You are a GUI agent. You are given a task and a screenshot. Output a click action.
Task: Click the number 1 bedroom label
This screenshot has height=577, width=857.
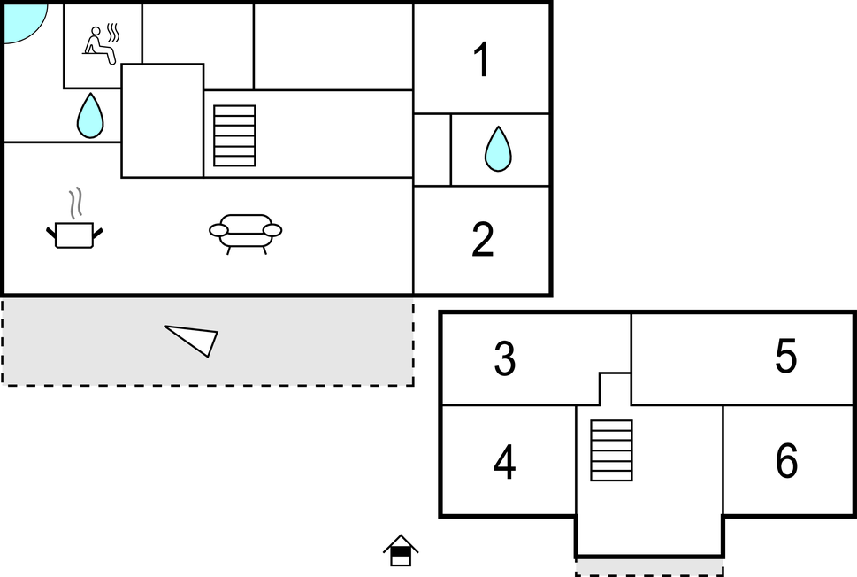pos(481,59)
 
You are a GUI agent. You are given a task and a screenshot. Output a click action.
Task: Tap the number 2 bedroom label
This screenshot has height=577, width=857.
pos(483,239)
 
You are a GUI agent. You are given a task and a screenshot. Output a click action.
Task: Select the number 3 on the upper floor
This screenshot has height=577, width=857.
pos(504,358)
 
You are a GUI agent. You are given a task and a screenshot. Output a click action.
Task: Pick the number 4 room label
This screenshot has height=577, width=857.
pos(504,462)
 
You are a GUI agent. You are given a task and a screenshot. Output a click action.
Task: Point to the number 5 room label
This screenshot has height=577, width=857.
pos(786,356)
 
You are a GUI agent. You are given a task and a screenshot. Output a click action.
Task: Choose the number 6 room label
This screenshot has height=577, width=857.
pos(786,460)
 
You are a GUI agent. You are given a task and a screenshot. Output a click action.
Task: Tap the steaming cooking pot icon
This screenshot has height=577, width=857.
pos(74,235)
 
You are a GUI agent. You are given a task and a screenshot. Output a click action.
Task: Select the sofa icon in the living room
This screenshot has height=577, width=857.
pos(245,234)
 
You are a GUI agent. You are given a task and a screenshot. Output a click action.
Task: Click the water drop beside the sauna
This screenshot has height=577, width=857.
pos(90,115)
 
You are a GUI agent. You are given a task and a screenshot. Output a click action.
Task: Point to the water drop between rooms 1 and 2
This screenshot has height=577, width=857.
pos(498,149)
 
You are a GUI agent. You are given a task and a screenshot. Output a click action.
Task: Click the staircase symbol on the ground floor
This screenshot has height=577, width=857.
pos(234,135)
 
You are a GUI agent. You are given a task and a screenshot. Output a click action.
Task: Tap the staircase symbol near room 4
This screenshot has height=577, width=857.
pos(612,450)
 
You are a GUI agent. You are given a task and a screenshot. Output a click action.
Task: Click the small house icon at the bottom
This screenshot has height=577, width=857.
pos(401,550)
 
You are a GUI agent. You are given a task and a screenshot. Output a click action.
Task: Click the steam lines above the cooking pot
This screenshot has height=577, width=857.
pos(76,204)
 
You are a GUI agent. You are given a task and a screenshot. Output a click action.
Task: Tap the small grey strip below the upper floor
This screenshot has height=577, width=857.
pos(649,566)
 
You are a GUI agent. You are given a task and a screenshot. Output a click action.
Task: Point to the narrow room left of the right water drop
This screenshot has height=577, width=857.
pos(432,150)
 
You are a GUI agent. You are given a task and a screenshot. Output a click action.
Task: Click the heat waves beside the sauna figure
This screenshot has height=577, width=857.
pos(113,32)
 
